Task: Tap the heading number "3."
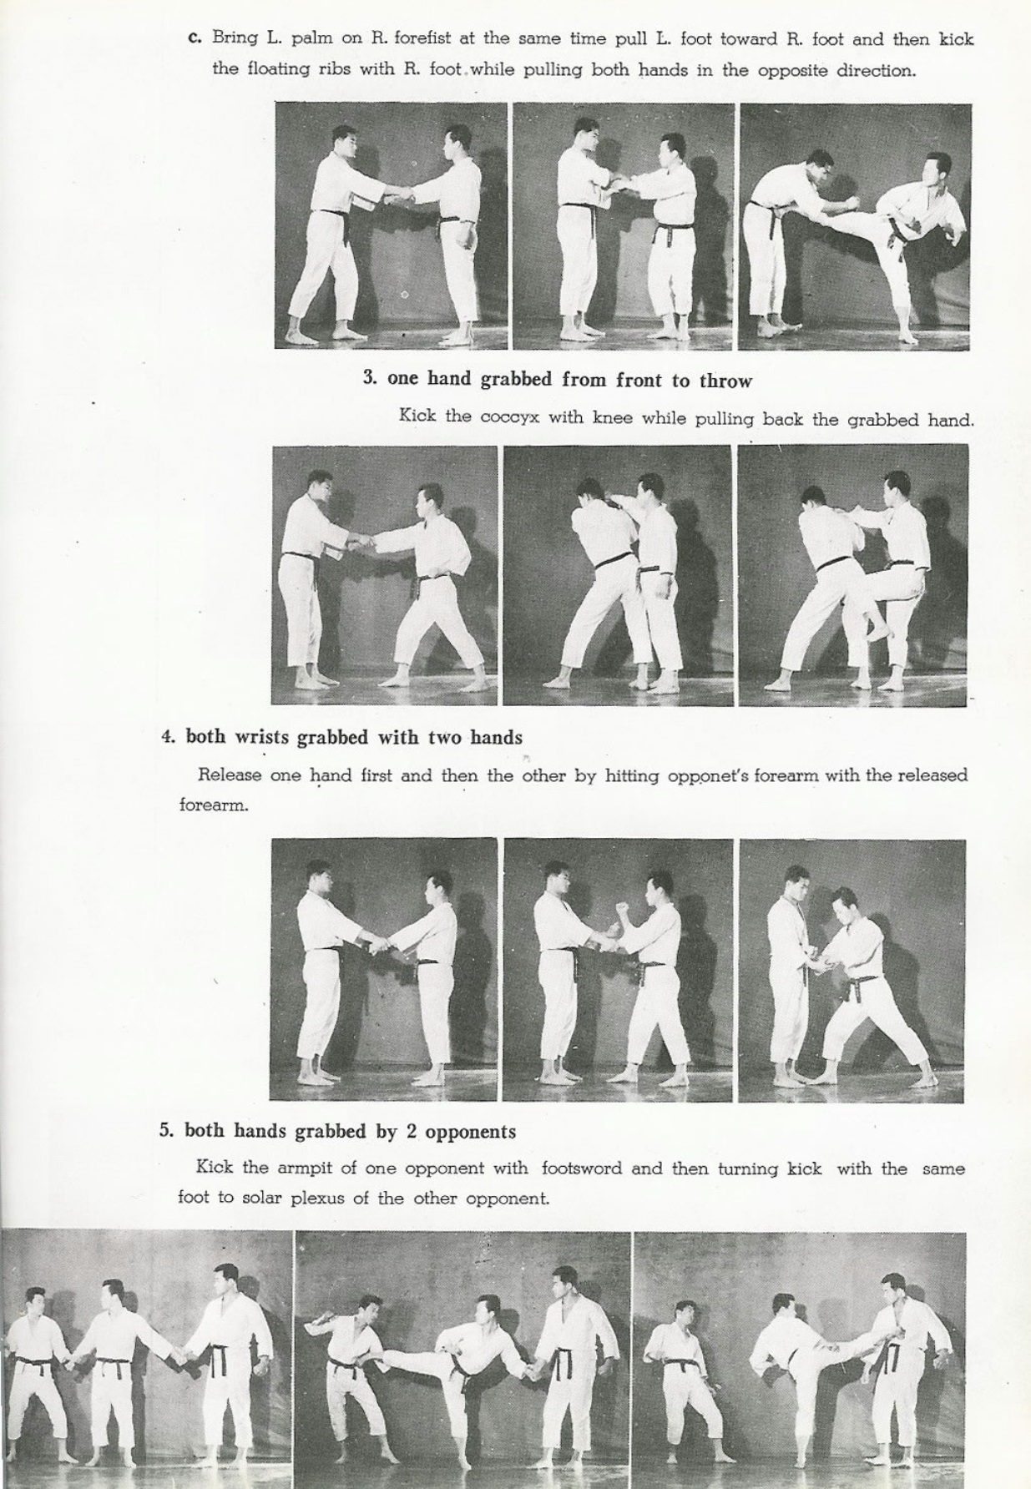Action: click(x=371, y=379)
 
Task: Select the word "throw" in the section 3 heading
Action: click(x=725, y=381)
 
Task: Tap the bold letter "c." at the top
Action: click(x=196, y=38)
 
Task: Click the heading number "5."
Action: click(x=167, y=1132)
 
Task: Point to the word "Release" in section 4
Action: click(x=229, y=775)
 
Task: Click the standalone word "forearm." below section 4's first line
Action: click(x=214, y=806)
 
